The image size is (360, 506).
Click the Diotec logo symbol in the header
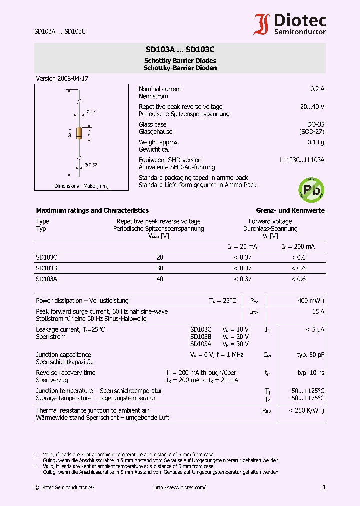(x=262, y=24)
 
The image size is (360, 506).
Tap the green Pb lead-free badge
(x=311, y=188)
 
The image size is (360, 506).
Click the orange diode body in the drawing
(x=79, y=133)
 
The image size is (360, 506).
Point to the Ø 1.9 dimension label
(x=91, y=111)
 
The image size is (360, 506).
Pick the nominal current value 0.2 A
(x=317, y=89)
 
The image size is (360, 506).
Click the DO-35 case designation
(x=315, y=124)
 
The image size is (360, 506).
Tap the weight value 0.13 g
(x=316, y=142)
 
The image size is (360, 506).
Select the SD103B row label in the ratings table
(x=46, y=268)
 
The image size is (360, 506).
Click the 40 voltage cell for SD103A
(x=160, y=279)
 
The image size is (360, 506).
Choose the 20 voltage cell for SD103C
(x=160, y=257)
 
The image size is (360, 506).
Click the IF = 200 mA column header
(x=298, y=247)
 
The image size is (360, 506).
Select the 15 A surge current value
(x=318, y=311)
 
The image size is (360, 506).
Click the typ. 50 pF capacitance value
(x=311, y=354)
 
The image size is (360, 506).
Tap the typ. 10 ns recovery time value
(x=311, y=373)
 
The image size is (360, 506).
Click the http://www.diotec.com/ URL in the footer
(x=180, y=487)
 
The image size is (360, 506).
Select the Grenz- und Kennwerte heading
(x=290, y=210)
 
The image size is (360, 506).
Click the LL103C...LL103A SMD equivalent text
(x=302, y=160)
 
